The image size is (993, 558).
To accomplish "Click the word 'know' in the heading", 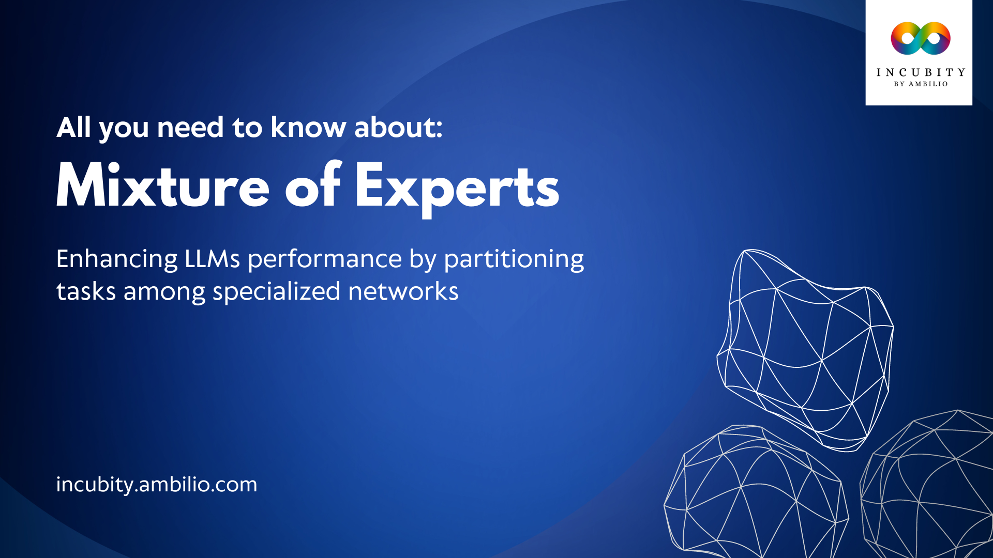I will click(x=308, y=127).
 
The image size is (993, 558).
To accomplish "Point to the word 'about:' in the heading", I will click(x=398, y=127).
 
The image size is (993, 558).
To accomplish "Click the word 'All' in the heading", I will click(x=73, y=127).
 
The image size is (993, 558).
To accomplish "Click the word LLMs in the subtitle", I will click(x=212, y=259).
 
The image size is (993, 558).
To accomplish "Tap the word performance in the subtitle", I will click(x=324, y=260).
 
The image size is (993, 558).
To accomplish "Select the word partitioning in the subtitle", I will click(x=514, y=260).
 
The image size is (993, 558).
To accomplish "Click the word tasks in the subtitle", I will click(x=86, y=291).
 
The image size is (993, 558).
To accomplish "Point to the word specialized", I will click(x=276, y=292).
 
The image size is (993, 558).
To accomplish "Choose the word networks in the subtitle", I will click(x=403, y=291).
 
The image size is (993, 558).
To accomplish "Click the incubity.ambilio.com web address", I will click(x=156, y=485).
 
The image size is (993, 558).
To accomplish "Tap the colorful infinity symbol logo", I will click(x=920, y=38).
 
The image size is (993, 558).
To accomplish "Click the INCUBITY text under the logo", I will click(x=920, y=72).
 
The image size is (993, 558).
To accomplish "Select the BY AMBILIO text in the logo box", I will click(x=921, y=84).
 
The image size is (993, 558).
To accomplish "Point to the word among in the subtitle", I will click(x=164, y=292).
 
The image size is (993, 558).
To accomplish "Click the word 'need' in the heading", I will click(x=190, y=127).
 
